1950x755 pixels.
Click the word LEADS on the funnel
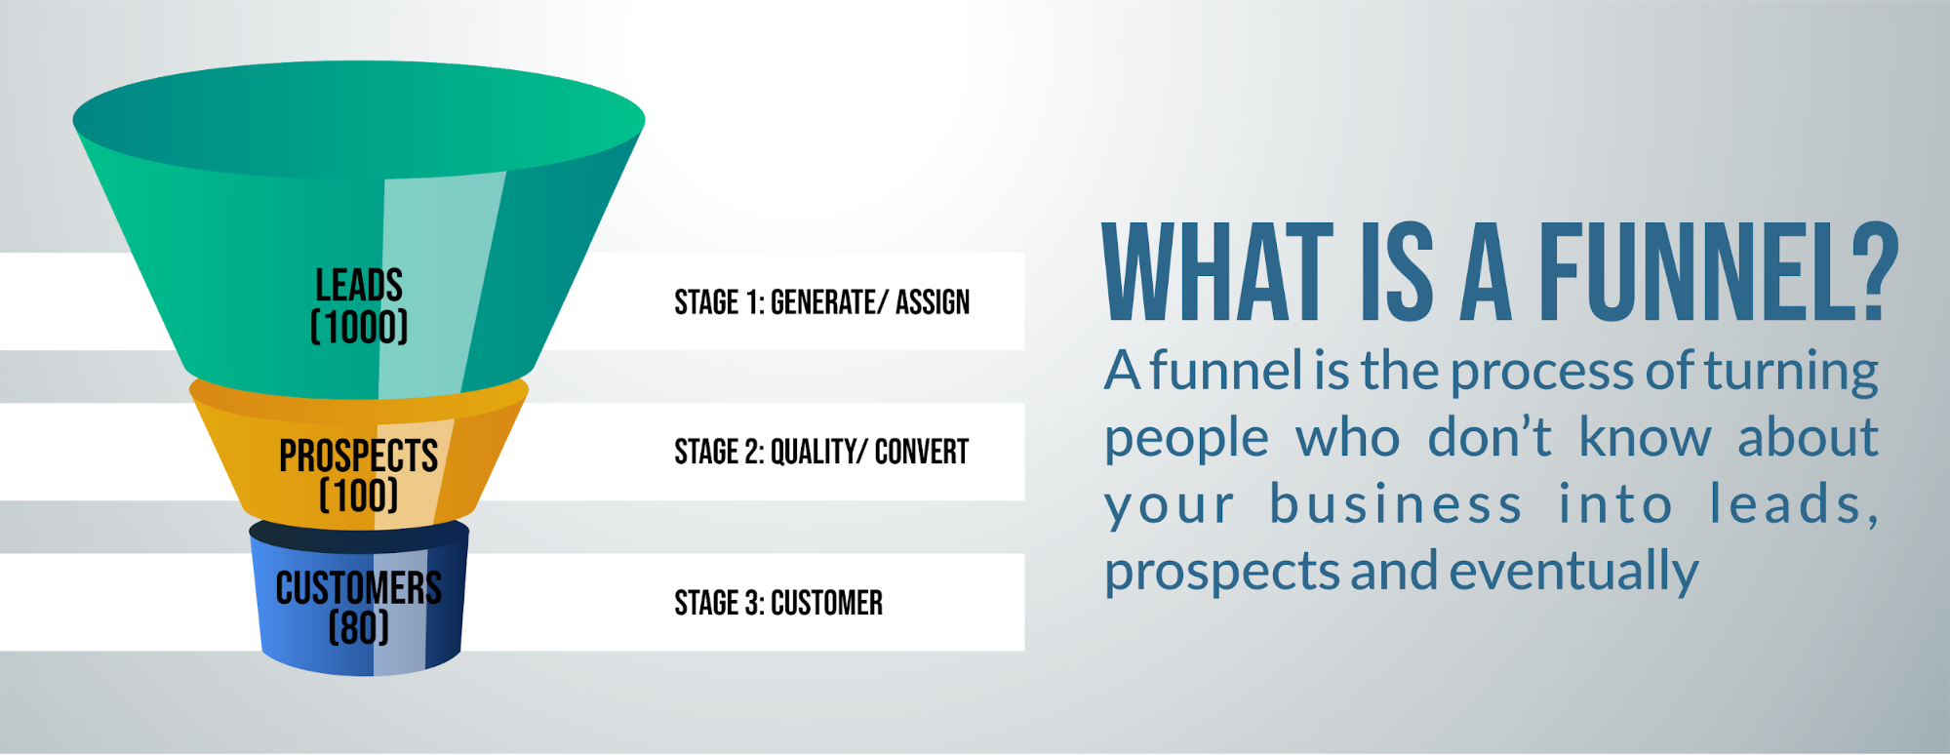359,285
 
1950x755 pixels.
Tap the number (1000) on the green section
359,327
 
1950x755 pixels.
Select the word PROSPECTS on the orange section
359,456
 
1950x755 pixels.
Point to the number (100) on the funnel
359,496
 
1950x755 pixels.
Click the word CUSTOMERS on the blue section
359,588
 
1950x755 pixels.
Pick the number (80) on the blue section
359,627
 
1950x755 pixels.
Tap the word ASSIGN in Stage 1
933,302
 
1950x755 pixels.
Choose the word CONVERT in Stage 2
922,452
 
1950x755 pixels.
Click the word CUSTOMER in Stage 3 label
827,603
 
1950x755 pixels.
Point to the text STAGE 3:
720,603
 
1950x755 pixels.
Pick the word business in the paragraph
1396,504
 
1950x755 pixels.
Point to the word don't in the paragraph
1490,437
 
